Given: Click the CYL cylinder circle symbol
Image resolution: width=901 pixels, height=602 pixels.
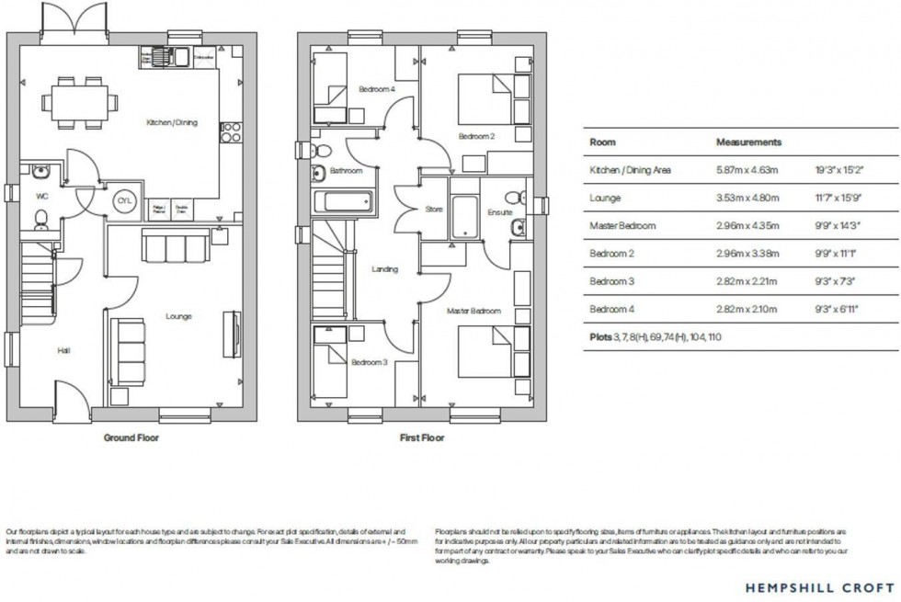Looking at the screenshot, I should click(x=123, y=201).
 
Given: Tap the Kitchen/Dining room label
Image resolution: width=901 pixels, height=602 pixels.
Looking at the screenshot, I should click(x=172, y=122).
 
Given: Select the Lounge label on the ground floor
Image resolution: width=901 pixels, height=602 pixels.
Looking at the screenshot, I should click(x=178, y=316).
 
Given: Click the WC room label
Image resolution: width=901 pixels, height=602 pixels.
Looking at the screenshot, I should click(x=42, y=196).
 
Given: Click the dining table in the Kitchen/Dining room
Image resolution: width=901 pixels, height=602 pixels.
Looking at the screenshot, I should click(x=77, y=99).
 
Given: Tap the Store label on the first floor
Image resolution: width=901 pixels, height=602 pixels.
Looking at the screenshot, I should click(x=434, y=210).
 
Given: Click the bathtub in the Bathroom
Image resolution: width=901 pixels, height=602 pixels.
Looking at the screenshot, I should click(x=343, y=202).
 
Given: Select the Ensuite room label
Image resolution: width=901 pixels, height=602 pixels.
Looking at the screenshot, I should click(x=500, y=212).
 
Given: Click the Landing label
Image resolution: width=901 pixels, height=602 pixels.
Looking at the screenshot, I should click(x=384, y=269).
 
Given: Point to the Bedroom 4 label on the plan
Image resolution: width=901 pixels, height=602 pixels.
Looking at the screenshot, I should click(x=376, y=89).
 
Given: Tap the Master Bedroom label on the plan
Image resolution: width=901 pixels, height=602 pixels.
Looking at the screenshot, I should click(x=474, y=312).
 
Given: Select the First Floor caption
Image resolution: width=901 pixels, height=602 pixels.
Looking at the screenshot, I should click(x=421, y=438).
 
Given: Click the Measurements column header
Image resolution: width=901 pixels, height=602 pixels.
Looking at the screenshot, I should click(x=748, y=142).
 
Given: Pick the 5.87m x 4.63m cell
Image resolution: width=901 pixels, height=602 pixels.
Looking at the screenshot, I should click(x=747, y=170).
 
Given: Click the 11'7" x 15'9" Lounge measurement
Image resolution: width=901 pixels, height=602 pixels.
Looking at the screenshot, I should click(x=837, y=198).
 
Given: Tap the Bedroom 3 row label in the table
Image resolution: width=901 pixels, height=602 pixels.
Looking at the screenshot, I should click(x=612, y=281).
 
